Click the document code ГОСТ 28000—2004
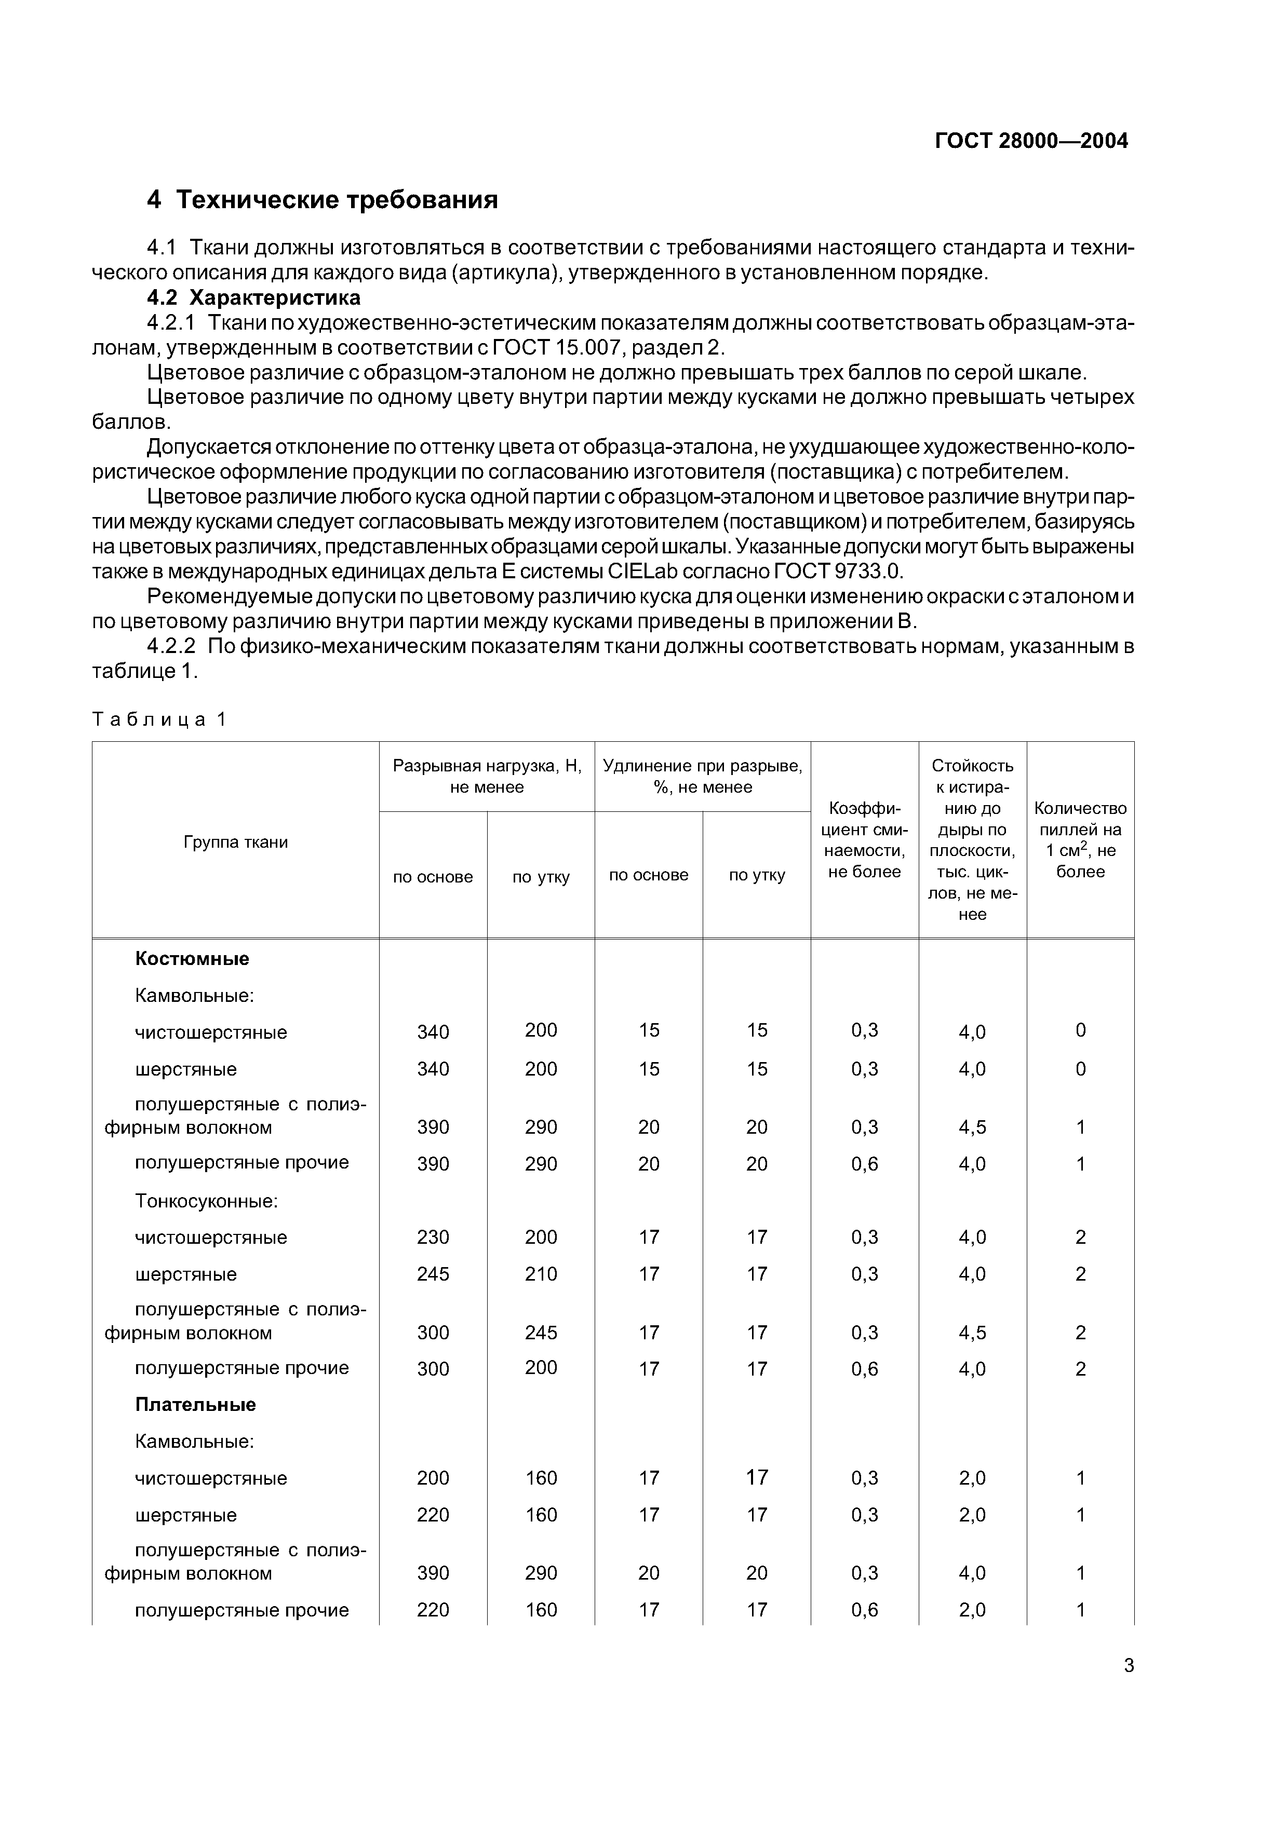click(x=1031, y=141)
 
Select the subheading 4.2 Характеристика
click(x=254, y=297)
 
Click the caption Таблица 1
click(x=159, y=719)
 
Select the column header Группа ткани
click(x=236, y=841)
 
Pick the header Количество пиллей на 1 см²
click(x=1080, y=839)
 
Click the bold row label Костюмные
click(x=192, y=958)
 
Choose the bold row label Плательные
click(x=195, y=1405)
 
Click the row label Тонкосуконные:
click(x=206, y=1201)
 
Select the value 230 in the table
click(x=433, y=1237)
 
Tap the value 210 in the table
click(x=541, y=1274)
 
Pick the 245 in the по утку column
click(x=541, y=1333)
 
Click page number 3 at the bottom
click(x=1129, y=1666)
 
